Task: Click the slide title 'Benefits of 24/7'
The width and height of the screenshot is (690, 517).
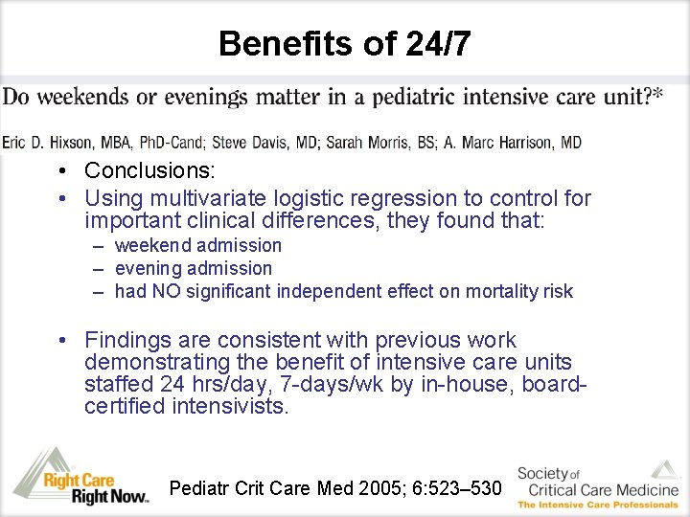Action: [x=344, y=43]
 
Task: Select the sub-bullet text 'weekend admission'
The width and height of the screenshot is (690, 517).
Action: [x=197, y=246]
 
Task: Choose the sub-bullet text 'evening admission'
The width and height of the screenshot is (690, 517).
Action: [x=193, y=269]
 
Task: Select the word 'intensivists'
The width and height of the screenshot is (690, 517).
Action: [x=230, y=407]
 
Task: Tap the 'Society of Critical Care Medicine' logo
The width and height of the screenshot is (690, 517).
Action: [x=597, y=483]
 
